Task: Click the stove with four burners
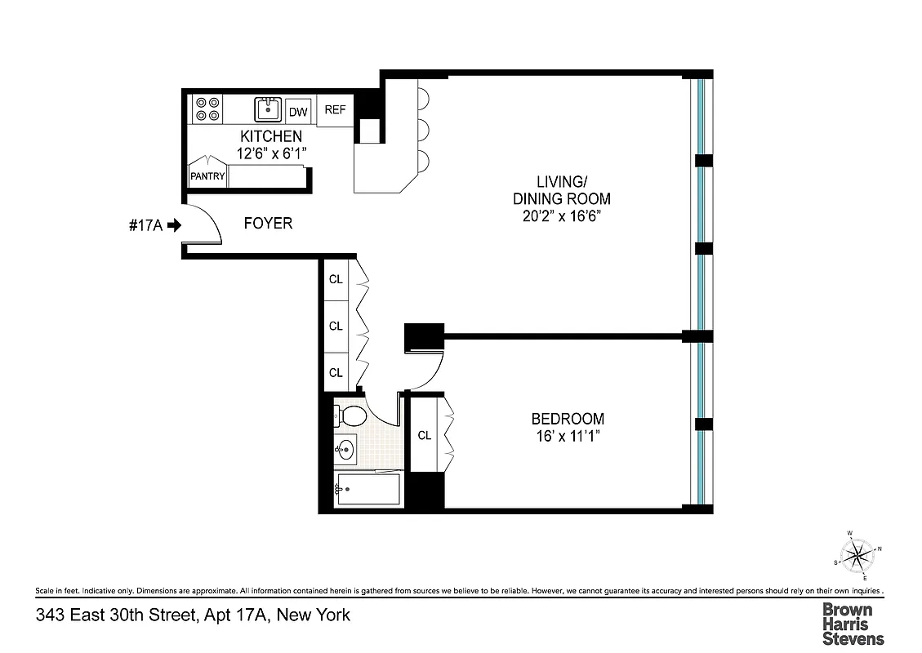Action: click(x=207, y=109)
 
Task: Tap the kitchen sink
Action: click(x=268, y=109)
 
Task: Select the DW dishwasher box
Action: click(x=299, y=112)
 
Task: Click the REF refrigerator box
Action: click(x=336, y=110)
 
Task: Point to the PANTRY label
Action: click(x=207, y=175)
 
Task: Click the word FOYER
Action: click(x=268, y=223)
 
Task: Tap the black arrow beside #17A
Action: click(x=173, y=226)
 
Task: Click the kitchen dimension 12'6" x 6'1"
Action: click(x=271, y=153)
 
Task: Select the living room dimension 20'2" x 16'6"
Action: click(x=561, y=216)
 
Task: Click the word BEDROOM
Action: click(x=568, y=419)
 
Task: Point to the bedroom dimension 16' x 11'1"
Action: click(x=568, y=438)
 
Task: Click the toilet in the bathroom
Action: click(x=350, y=416)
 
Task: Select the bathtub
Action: click(x=367, y=490)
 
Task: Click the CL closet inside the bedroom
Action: click(x=425, y=435)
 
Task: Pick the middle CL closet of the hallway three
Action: click(x=336, y=326)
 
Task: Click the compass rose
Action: click(x=857, y=557)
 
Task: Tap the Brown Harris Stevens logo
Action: click(x=852, y=624)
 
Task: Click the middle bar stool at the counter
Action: click(x=423, y=129)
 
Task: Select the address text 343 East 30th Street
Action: click(x=114, y=615)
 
